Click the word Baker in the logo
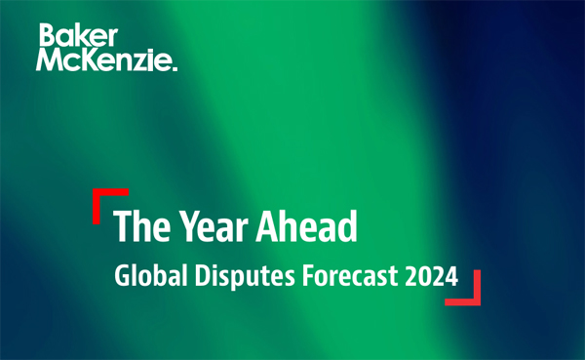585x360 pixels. (x=77, y=37)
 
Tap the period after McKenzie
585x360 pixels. (x=175, y=68)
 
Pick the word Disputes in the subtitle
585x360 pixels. (x=237, y=276)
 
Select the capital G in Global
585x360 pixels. (x=122, y=276)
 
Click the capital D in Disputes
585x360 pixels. (x=196, y=276)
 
